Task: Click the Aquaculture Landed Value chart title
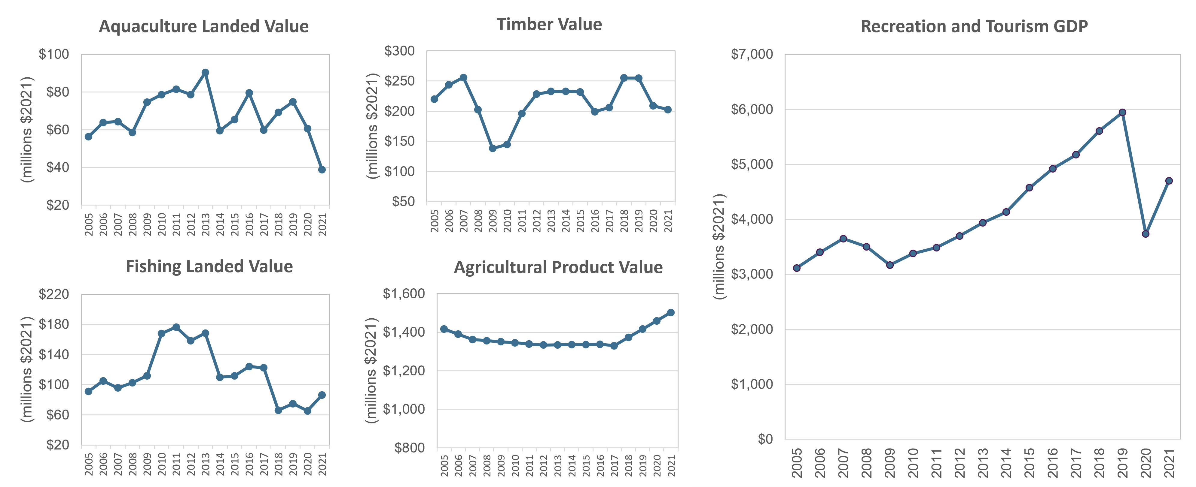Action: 203,26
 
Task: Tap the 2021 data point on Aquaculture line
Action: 322,170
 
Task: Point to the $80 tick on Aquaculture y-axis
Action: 58,92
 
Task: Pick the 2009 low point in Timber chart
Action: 493,149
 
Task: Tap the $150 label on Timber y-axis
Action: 400,141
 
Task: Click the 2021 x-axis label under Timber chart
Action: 668,221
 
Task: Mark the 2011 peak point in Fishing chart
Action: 176,327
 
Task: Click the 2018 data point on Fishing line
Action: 278,410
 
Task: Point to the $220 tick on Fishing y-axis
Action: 54,294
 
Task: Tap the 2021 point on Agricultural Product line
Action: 670,313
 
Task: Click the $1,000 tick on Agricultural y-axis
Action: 404,409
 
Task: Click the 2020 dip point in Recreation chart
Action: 1146,234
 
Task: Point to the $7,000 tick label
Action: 752,54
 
